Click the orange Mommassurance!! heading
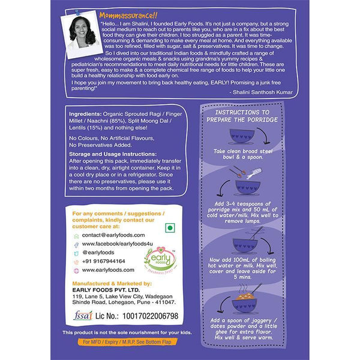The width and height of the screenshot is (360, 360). click(x=128, y=16)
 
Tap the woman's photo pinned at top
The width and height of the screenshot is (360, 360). click(x=82, y=34)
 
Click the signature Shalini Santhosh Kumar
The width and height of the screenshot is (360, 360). click(x=263, y=92)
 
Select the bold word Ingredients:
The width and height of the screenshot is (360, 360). click(x=85, y=114)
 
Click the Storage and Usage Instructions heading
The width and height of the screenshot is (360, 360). click(x=113, y=154)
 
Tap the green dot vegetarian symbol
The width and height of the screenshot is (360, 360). click(x=170, y=228)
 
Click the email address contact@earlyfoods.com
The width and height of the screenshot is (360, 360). click(x=113, y=235)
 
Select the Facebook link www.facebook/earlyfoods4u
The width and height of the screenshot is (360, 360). click(x=118, y=244)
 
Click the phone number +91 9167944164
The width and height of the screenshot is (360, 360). click(x=104, y=261)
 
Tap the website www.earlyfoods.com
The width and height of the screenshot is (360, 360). click(x=108, y=270)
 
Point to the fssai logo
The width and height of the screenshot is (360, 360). click(x=83, y=316)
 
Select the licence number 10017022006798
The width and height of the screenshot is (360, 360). click(x=151, y=316)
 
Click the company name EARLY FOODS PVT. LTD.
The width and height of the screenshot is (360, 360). click(x=106, y=290)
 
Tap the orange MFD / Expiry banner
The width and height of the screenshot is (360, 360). click(x=127, y=342)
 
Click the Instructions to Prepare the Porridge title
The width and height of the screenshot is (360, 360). click(x=242, y=116)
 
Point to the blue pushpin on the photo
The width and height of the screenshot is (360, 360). click(x=77, y=12)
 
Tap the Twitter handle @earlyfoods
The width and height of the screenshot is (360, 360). click(x=98, y=253)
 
